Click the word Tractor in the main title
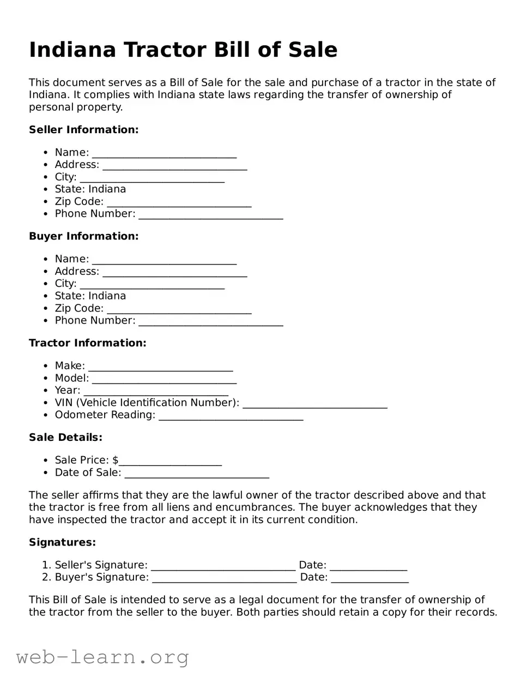(164, 50)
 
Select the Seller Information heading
(83, 130)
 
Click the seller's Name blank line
(164, 154)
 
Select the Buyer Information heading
(83, 236)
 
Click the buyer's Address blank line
(174, 273)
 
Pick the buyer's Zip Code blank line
(179, 310)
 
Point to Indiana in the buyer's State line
(107, 296)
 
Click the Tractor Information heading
(87, 343)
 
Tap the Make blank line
(160, 367)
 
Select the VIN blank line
(314, 404)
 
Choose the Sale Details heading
(65, 438)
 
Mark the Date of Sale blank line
(197, 474)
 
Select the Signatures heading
(62, 542)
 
